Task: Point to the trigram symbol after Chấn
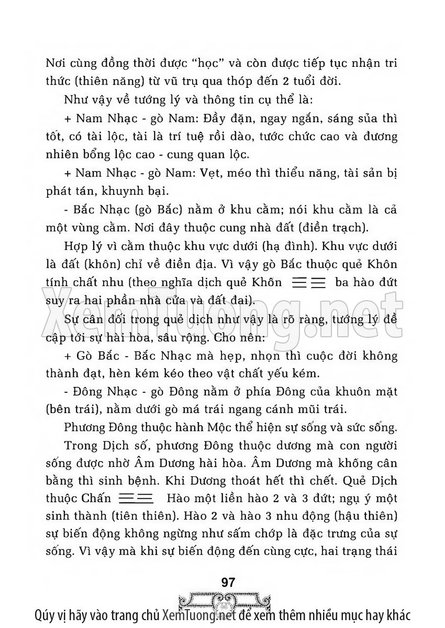[x=136, y=497]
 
